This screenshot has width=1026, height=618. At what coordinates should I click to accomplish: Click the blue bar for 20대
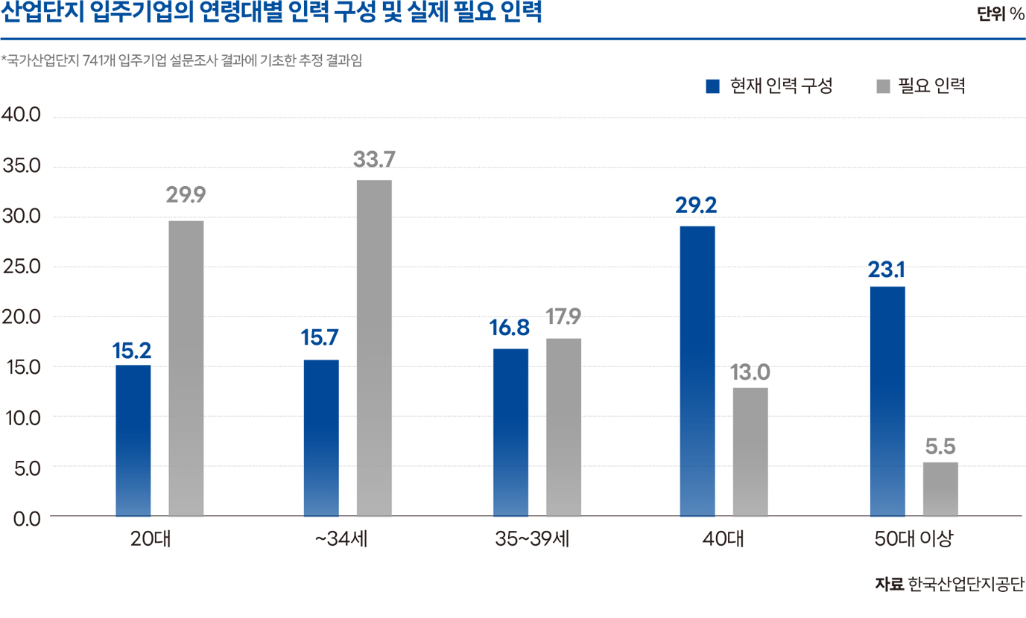133,440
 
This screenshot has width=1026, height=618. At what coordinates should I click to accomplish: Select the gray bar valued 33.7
374,348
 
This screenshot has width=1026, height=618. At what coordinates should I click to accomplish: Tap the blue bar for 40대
697,371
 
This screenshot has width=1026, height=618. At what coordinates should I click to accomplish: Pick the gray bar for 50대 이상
940,489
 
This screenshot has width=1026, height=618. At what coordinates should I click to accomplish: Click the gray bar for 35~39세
563,427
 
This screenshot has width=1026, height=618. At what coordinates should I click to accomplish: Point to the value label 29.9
186,195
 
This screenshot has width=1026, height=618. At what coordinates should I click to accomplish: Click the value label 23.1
886,270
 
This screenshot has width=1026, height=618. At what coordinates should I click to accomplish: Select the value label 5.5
940,447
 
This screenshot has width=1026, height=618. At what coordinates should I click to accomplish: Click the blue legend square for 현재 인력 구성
712,86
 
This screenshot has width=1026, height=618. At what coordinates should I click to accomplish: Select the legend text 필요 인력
931,86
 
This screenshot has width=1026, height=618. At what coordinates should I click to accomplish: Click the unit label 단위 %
1001,14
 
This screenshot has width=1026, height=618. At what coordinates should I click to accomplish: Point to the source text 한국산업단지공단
966,584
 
